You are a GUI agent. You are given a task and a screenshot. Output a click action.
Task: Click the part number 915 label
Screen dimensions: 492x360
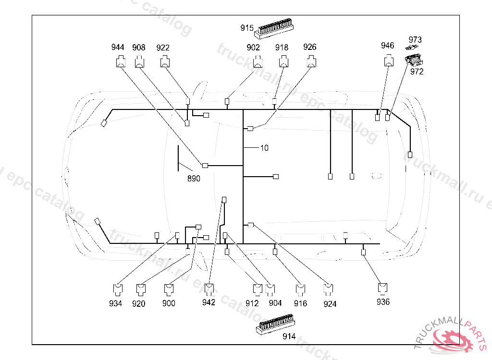(x=247, y=28)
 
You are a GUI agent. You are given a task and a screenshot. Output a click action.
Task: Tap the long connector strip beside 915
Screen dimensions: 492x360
(x=274, y=28)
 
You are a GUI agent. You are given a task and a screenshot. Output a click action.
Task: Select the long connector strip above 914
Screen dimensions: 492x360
(x=275, y=324)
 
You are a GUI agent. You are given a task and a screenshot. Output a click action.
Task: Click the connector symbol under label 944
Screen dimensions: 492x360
(x=121, y=61)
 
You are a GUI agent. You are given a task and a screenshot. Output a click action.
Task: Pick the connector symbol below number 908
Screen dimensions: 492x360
(x=140, y=61)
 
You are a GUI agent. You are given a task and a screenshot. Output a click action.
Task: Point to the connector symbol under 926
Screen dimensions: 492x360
(x=311, y=61)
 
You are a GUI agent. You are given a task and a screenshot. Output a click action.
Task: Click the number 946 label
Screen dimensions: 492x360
(x=388, y=46)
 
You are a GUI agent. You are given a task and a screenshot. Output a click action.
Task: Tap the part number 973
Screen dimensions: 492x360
(x=415, y=40)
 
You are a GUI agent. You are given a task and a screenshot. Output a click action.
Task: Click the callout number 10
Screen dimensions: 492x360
(x=264, y=148)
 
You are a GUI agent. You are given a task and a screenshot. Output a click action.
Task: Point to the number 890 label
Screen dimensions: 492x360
(x=194, y=179)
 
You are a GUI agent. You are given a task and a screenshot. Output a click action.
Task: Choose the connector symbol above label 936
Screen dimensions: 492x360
(x=382, y=289)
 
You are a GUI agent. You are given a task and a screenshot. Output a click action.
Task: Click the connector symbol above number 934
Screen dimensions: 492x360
(x=118, y=290)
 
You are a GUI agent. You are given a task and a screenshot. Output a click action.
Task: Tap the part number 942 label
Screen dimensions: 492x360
(x=209, y=302)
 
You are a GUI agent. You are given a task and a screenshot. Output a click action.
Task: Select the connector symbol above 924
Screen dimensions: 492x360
(x=328, y=290)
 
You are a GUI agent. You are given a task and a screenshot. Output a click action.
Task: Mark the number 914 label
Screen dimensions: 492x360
(x=289, y=336)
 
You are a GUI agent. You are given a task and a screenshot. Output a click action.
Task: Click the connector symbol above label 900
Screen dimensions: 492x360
(x=169, y=290)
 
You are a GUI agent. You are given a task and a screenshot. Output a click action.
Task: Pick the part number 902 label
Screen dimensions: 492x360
(x=253, y=48)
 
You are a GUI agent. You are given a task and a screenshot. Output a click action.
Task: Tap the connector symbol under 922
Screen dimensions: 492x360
(x=165, y=61)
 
